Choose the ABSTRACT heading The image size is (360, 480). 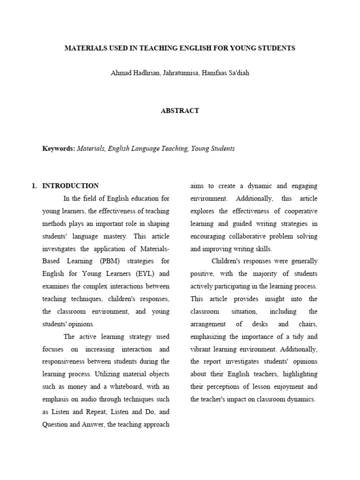(x=180, y=111)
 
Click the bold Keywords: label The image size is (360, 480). (x=59, y=149)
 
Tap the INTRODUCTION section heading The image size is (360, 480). (x=70, y=186)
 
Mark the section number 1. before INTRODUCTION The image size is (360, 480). (x=34, y=186)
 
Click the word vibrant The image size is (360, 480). (x=202, y=349)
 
